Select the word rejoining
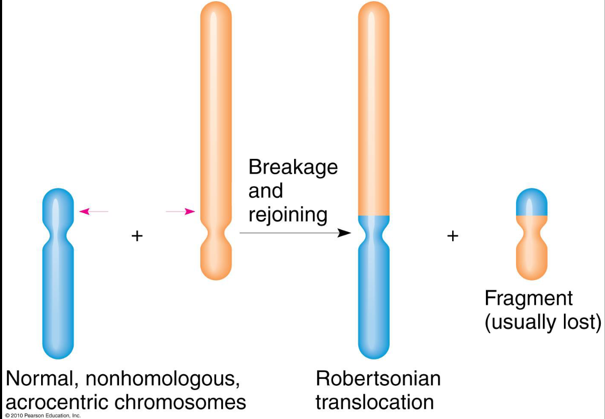click(x=288, y=215)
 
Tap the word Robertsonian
click(x=378, y=378)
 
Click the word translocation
click(x=375, y=403)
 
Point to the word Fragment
click(x=529, y=299)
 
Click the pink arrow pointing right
click(x=180, y=212)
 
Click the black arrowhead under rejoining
click(x=344, y=233)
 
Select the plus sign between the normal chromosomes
click(x=137, y=236)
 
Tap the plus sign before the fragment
click(x=452, y=236)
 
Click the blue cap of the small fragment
click(x=532, y=203)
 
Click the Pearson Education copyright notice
click(x=43, y=416)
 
